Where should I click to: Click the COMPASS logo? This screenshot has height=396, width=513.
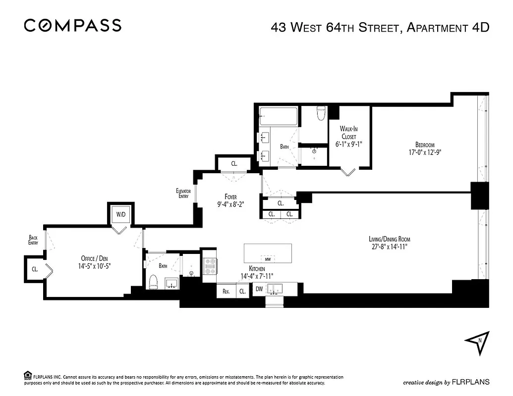tap(72, 25)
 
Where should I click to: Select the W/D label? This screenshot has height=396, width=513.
tap(121, 215)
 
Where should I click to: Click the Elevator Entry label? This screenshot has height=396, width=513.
tap(183, 193)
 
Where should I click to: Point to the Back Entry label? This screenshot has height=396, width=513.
tap(33, 240)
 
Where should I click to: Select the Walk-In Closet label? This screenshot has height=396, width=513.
tap(349, 133)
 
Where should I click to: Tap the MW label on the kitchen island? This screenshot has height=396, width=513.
tap(268, 259)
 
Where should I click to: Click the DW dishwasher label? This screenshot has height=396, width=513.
tap(259, 290)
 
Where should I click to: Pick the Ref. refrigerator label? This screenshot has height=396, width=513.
tap(226, 292)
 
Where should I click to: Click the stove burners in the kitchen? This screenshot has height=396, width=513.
tap(209, 266)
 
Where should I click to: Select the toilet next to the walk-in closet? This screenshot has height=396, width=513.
tap(321, 114)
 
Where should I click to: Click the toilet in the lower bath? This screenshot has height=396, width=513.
tap(153, 282)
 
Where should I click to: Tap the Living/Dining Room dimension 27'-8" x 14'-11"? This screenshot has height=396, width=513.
tap(385, 247)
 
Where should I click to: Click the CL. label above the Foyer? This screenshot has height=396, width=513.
tap(234, 163)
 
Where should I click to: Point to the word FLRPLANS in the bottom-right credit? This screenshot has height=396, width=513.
tap(471, 382)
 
